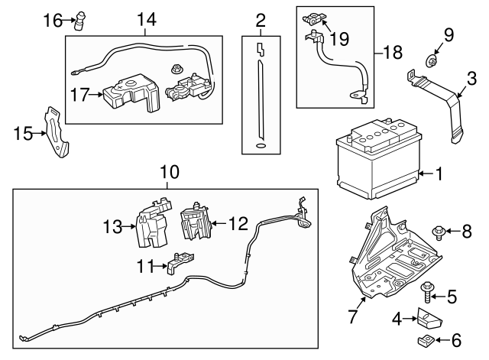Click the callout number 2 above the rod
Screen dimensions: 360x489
click(261, 19)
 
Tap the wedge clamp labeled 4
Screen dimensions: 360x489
click(424, 317)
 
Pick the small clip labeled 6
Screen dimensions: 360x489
click(425, 339)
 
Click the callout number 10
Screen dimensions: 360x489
click(167, 173)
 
